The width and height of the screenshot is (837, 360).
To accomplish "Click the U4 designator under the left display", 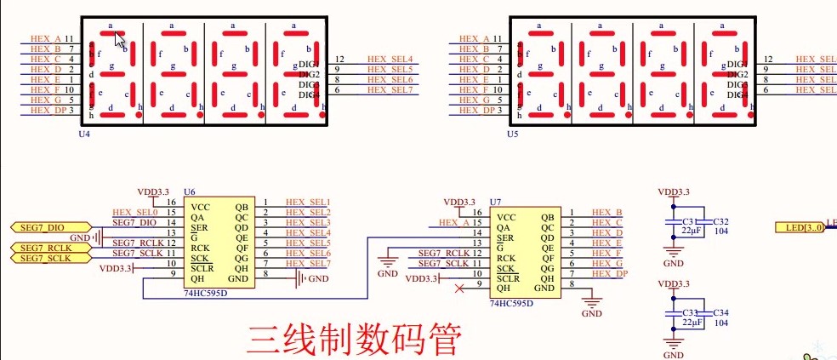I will point(84,134).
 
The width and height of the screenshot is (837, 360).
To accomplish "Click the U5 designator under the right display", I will point(512,134).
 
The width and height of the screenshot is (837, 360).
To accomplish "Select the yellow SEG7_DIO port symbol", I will point(41,227).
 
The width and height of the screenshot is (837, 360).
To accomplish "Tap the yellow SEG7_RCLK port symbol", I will point(43,248).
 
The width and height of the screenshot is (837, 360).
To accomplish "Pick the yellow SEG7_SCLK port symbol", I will point(43,258).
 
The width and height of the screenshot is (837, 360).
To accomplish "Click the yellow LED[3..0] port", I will point(800,227).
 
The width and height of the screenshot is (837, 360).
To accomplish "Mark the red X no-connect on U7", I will point(460,289).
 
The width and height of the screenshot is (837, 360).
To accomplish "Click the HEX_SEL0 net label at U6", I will point(134,212).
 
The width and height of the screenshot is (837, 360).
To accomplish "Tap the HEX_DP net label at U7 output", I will point(609,273).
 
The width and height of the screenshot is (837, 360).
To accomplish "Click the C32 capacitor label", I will point(721,222).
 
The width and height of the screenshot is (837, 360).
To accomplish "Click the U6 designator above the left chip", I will point(189,194).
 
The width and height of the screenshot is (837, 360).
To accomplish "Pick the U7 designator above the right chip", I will point(495,201).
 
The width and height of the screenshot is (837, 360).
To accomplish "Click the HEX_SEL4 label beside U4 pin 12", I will point(390,59).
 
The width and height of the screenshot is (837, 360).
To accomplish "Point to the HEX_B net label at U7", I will point(606,212).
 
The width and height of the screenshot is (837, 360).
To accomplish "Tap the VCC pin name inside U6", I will point(200,207).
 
